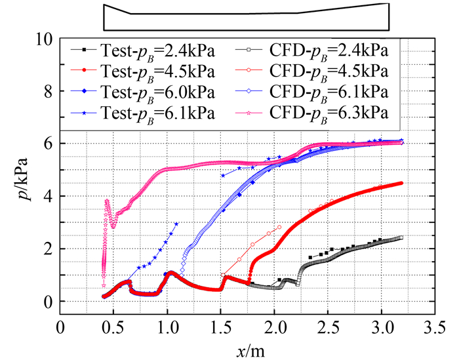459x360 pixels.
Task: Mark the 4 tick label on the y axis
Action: pos(46,196)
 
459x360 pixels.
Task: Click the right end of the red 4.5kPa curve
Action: pos(400,184)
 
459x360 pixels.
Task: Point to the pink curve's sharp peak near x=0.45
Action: pos(107,201)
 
